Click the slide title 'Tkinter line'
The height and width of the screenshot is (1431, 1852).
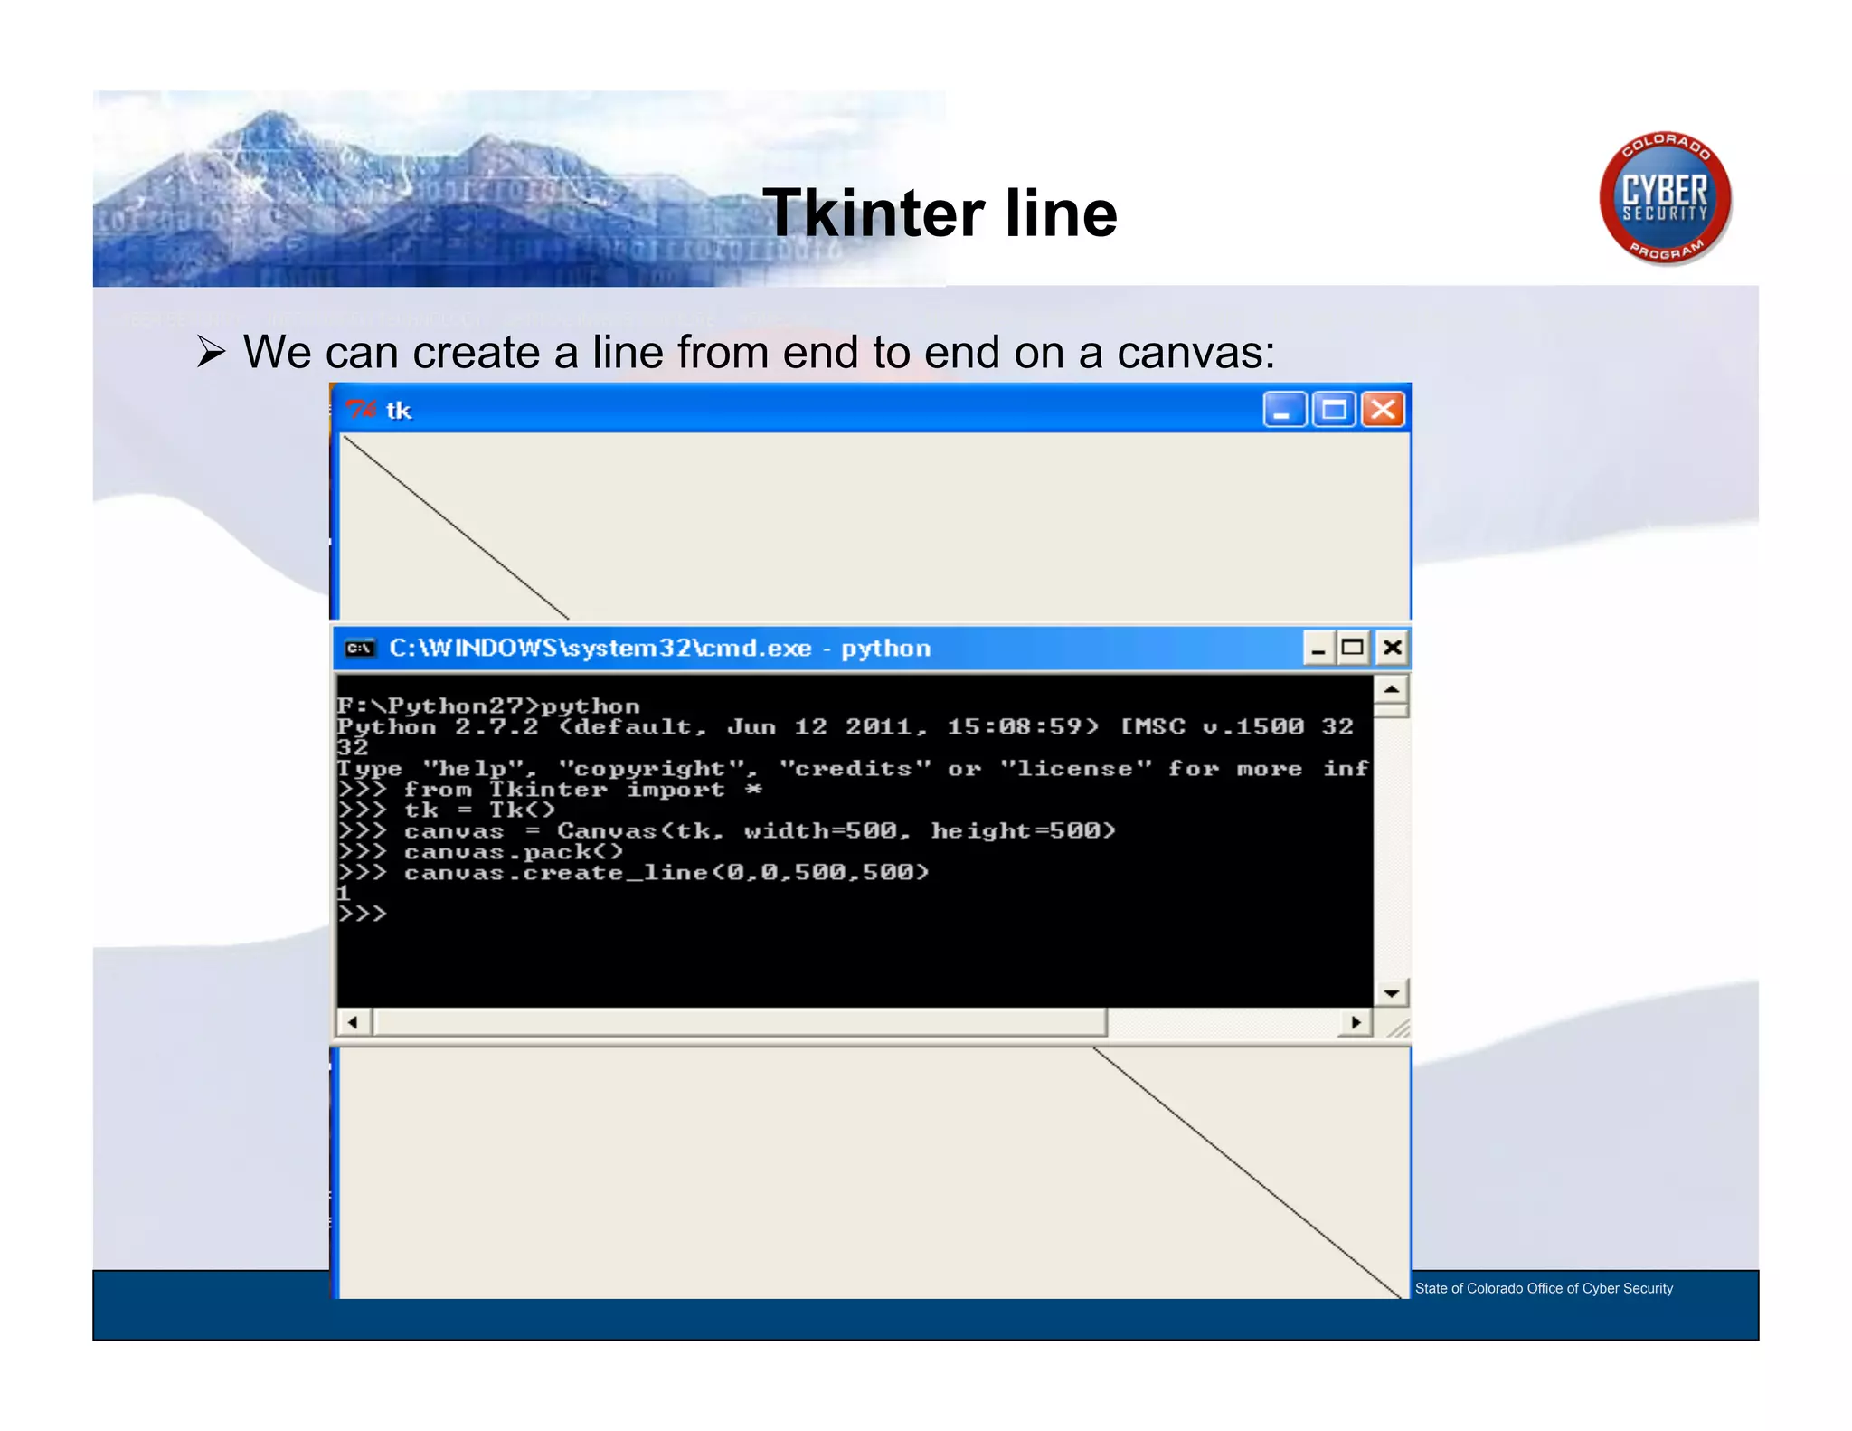[x=940, y=213]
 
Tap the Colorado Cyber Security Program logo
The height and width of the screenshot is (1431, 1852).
[x=1665, y=198]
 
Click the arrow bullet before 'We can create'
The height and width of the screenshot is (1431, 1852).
[x=211, y=352]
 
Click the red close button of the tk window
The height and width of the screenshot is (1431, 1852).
[x=1383, y=410]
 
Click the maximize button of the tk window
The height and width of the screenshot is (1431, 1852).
[x=1334, y=410]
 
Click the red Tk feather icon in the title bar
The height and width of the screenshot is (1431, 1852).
[x=361, y=410]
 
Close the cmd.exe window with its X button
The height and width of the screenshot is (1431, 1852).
[x=1392, y=648]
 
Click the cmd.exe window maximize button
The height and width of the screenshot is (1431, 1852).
[x=1353, y=648]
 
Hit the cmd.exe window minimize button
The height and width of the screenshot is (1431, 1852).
[x=1318, y=648]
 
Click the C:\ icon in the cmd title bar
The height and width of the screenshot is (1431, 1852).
[x=360, y=649]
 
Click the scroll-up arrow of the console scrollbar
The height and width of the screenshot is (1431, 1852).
[x=1392, y=690]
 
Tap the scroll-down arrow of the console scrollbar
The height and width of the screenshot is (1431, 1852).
[x=1392, y=993]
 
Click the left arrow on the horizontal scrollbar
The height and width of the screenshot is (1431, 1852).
[x=353, y=1022]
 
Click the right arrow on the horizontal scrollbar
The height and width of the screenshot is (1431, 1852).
[x=1356, y=1022]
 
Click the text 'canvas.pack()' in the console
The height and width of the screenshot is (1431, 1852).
[x=514, y=852]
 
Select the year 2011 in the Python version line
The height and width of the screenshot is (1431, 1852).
[x=879, y=726]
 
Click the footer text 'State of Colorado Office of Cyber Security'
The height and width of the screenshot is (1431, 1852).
[x=1544, y=1288]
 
